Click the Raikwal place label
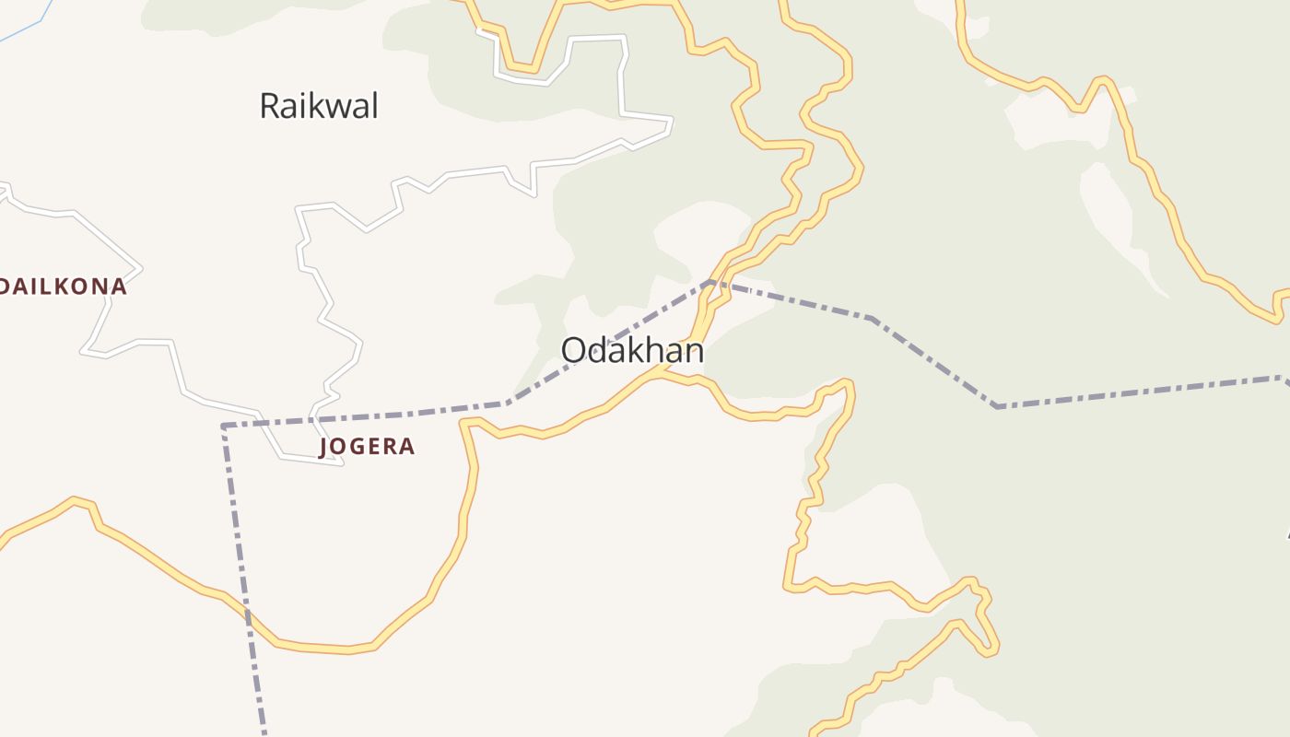click(x=318, y=106)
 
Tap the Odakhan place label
click(x=632, y=351)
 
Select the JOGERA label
click(x=367, y=447)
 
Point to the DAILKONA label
click(x=63, y=287)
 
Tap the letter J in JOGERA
click(x=324, y=448)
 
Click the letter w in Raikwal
click(x=339, y=107)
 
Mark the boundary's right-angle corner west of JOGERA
click(x=224, y=426)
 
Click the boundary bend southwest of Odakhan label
click(x=506, y=403)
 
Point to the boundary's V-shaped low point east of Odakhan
click(x=997, y=405)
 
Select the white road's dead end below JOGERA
click(x=341, y=462)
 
